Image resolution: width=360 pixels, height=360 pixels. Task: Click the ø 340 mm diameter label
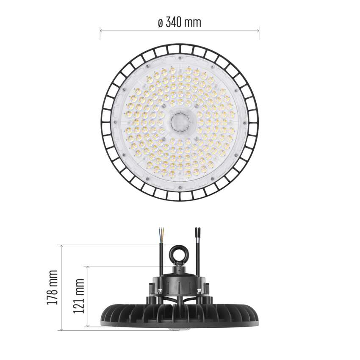point(180,22)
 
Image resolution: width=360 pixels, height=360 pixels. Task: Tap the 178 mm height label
point(53,288)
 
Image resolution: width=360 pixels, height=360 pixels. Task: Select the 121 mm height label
point(79,296)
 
